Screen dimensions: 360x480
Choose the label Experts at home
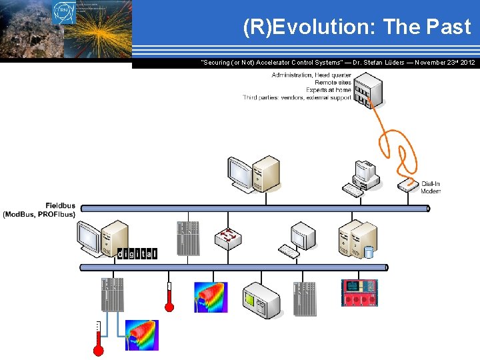click(x=328, y=90)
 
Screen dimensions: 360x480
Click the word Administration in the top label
click(x=292, y=75)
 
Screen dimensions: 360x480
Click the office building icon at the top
click(x=368, y=90)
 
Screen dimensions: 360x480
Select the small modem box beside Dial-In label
click(x=408, y=183)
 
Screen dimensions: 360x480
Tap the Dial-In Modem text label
click(x=431, y=187)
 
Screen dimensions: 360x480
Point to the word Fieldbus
click(x=61, y=205)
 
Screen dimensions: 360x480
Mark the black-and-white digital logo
click(x=137, y=253)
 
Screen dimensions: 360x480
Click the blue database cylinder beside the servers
click(x=368, y=252)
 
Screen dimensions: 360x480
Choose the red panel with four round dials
click(x=359, y=293)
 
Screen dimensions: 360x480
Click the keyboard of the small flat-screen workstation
click(x=289, y=251)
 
